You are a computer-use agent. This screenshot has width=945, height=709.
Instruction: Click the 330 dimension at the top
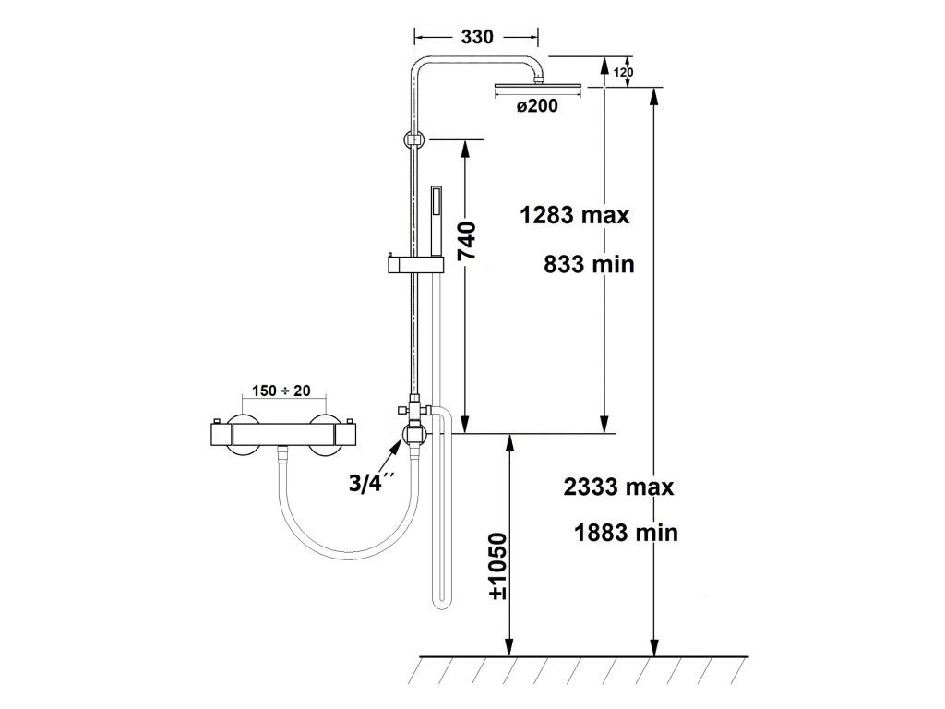click(x=477, y=37)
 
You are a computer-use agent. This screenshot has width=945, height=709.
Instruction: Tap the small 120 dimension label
click(x=623, y=73)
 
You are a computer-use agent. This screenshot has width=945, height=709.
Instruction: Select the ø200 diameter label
click(x=537, y=106)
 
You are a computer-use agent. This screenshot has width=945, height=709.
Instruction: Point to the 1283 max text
click(x=574, y=214)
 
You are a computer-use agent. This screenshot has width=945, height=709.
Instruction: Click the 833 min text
click(x=589, y=264)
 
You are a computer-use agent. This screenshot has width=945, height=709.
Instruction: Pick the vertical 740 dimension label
click(x=466, y=241)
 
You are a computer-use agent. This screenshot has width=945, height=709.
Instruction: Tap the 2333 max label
click(x=618, y=486)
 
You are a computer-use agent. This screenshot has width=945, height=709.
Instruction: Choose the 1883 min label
click(x=626, y=533)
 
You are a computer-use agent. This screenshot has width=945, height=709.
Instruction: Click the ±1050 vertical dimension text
click(x=498, y=566)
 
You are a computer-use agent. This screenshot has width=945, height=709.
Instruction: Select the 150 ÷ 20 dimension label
click(x=281, y=391)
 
